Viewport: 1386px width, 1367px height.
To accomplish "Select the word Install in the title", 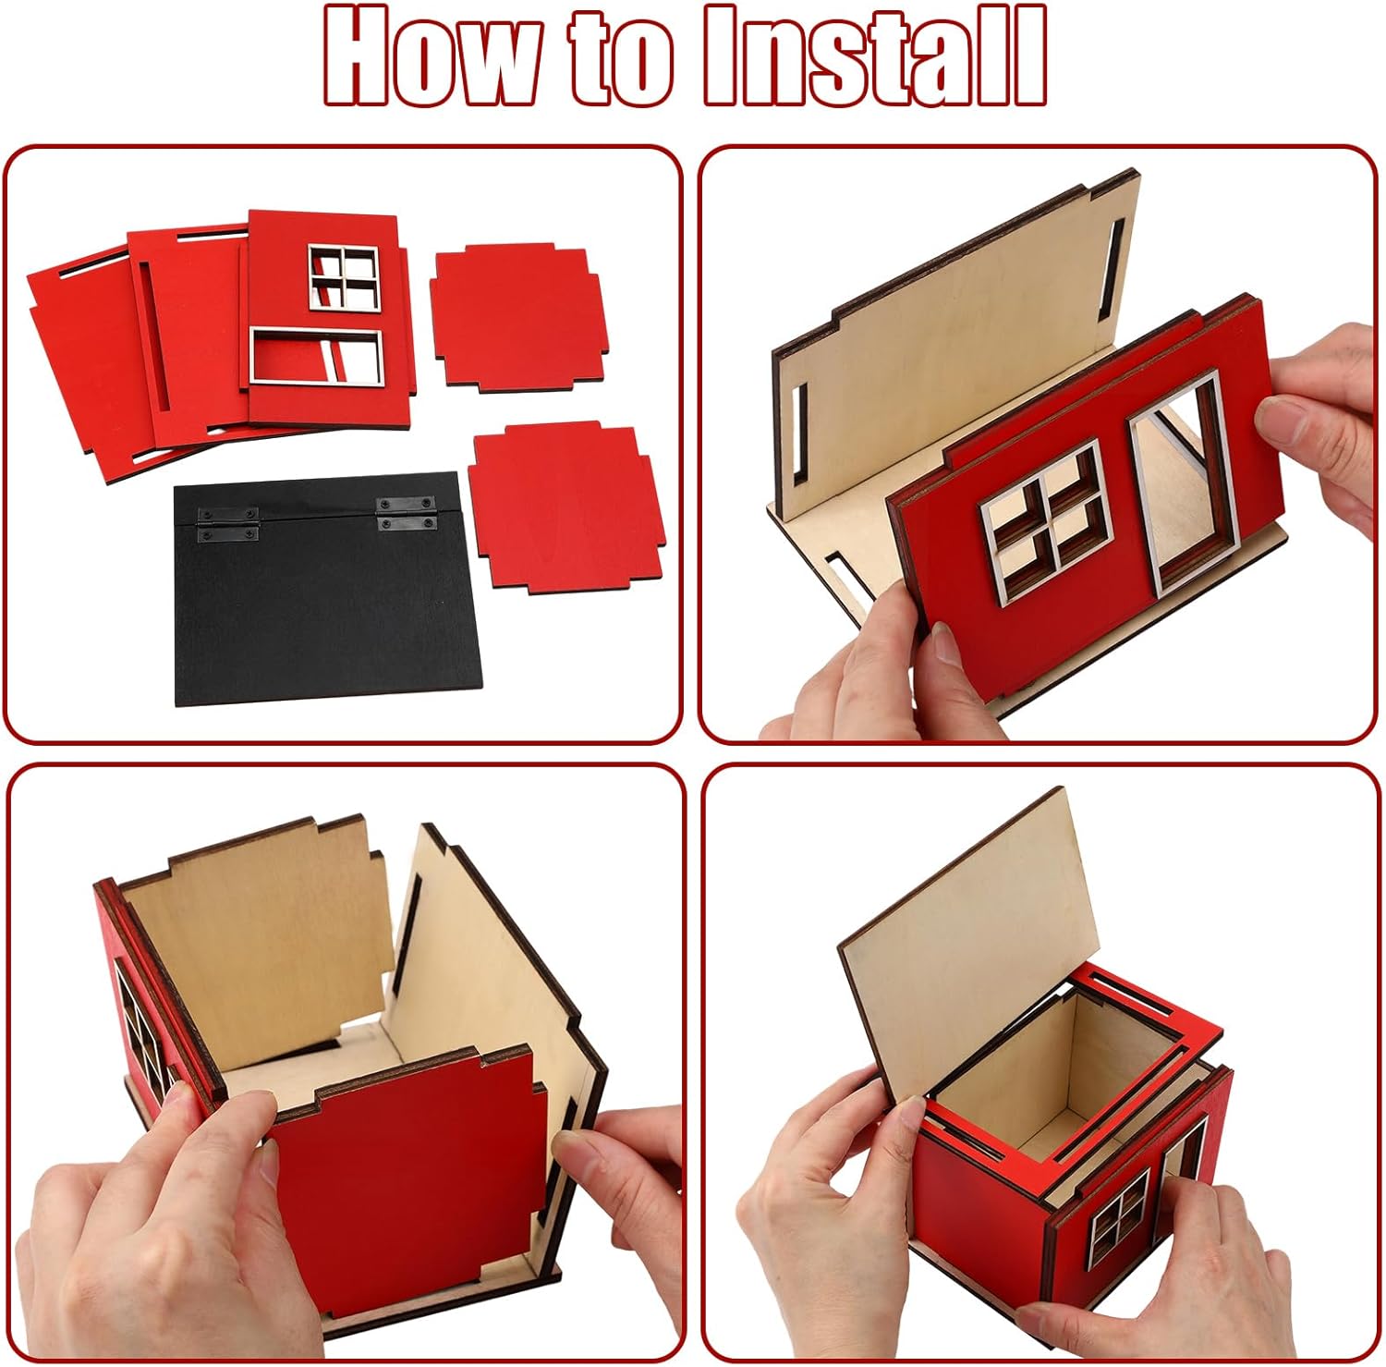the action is (x=875, y=56).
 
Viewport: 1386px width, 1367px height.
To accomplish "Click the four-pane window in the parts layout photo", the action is (x=344, y=277).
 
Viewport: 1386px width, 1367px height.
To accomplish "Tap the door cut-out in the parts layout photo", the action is (x=316, y=356).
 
